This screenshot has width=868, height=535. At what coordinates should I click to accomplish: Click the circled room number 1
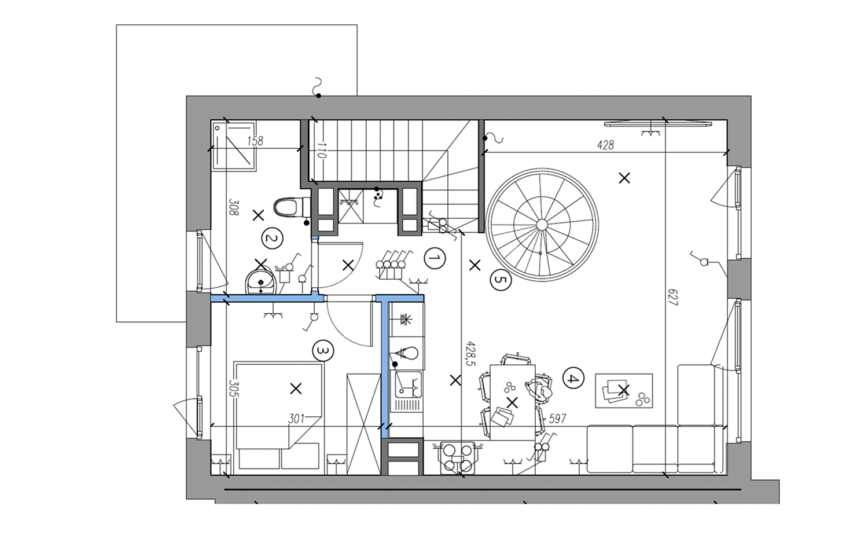435,258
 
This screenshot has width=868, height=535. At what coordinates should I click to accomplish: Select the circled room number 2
272,238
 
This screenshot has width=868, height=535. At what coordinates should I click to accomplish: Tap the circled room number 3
323,350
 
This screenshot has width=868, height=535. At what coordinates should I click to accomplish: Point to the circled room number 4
573,378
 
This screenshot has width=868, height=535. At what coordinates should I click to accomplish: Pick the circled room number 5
501,280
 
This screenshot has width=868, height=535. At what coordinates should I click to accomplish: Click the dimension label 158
255,141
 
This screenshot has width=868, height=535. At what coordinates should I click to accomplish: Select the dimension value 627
672,298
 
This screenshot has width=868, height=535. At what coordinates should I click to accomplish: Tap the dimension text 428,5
470,354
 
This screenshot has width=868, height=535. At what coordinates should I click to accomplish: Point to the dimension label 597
558,418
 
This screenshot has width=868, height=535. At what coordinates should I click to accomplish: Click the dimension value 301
296,419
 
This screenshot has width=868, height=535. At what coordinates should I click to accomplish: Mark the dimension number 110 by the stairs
321,150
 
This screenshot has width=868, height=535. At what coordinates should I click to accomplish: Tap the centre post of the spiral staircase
542,225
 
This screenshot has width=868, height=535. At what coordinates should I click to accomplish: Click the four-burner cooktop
458,458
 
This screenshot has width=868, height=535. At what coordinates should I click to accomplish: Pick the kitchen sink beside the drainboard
408,384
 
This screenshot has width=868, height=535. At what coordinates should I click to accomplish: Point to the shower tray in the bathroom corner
233,146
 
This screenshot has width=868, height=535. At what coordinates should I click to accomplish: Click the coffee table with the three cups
624,390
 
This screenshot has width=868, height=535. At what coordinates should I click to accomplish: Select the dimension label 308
234,207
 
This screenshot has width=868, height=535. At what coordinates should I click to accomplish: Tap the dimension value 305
234,388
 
